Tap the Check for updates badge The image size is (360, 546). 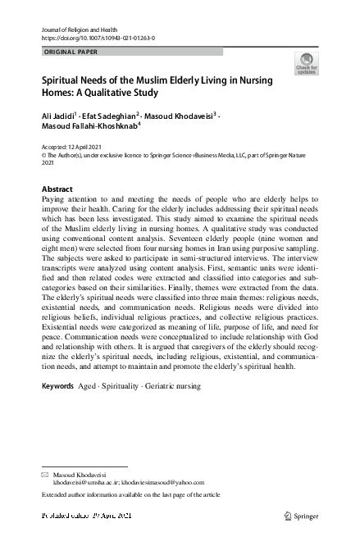pos(306,64)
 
